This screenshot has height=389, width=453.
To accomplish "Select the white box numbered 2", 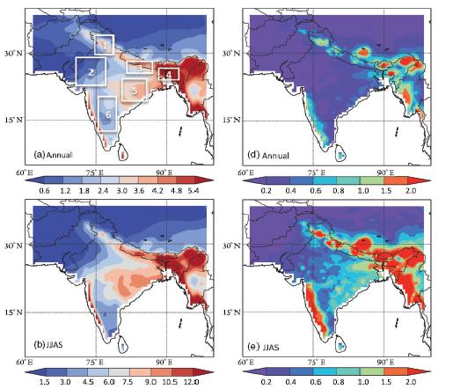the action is tap(77, 71).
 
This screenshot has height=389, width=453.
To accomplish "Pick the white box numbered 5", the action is tap(122, 90).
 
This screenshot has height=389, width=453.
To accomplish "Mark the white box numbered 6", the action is tap(99, 114).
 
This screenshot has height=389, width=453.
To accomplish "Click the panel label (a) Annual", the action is tap(53, 155).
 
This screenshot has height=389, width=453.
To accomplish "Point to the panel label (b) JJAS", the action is tap(48, 344).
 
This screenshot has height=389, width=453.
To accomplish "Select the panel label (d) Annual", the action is tap(268, 155).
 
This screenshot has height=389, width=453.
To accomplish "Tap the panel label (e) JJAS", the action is tap(263, 348).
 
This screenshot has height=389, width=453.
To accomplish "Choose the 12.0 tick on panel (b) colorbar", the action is tap(192, 382).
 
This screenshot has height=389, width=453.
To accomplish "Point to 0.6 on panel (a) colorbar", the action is tap(44, 191).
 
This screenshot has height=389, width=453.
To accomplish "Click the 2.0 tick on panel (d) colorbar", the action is tap(410, 191).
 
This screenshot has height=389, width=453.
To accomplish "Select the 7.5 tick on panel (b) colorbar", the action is tap(128, 382).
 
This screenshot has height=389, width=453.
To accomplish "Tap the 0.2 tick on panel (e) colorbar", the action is tap(266, 382).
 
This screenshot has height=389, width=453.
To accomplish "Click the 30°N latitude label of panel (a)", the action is tap(13, 54).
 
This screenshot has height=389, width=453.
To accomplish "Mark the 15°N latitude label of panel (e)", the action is tap(231, 312).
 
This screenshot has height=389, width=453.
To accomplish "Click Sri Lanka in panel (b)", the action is tap(123, 346).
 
